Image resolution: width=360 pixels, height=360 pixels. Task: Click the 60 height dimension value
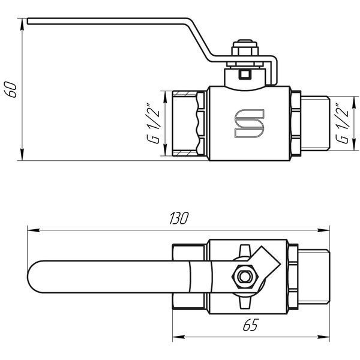click(x=11, y=89)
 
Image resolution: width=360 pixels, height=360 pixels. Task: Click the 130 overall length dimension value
click(x=179, y=218)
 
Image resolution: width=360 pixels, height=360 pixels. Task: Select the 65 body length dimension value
click(x=251, y=325)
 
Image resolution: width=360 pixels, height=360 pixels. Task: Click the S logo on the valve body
click(x=250, y=124)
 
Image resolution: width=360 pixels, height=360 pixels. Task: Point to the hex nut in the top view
click(x=244, y=277)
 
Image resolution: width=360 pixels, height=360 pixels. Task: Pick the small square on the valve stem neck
click(x=245, y=74)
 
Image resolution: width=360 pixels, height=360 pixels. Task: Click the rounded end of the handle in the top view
click(x=34, y=277)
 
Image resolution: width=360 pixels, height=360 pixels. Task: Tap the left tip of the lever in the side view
click(x=28, y=21)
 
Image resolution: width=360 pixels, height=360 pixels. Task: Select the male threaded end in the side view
click(x=315, y=124)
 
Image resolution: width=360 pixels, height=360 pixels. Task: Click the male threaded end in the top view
click(x=314, y=277)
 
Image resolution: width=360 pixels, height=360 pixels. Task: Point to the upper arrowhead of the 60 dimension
click(x=22, y=24)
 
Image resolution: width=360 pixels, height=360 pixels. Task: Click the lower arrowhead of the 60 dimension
click(x=22, y=155)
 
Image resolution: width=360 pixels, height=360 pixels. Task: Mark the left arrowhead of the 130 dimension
click(x=34, y=230)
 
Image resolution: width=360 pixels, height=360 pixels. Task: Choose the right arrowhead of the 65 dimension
click(x=323, y=337)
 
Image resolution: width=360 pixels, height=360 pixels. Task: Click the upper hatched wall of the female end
click(x=184, y=94)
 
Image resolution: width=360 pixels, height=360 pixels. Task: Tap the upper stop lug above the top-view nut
click(x=245, y=250)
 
